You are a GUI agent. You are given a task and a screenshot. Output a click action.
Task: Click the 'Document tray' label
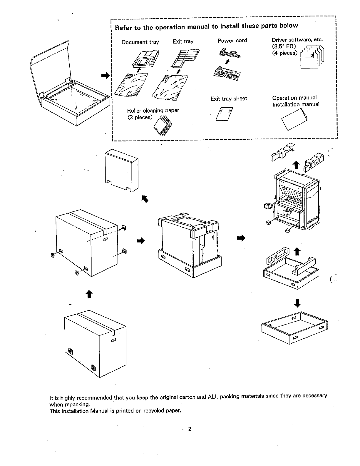[x=140, y=42]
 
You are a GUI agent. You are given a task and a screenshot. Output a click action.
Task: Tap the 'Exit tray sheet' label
[x=229, y=99]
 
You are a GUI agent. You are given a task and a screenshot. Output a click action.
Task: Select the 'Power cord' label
[x=232, y=41]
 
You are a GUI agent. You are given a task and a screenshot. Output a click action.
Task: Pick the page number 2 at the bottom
[x=190, y=429]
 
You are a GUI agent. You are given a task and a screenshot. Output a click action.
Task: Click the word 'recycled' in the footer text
[x=154, y=411]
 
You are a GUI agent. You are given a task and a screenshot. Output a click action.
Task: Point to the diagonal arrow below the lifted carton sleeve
[x=145, y=199]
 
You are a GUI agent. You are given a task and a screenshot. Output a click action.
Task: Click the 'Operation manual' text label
[x=294, y=98]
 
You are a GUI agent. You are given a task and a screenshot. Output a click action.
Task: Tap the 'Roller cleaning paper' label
[x=153, y=111]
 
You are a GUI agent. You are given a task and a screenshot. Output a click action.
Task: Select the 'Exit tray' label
[x=183, y=41]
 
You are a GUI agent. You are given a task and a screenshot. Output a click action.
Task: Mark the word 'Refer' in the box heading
[x=123, y=28]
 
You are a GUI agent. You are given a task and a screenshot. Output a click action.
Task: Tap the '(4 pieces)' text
[x=284, y=53]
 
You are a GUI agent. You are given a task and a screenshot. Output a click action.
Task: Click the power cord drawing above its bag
[x=230, y=54]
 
